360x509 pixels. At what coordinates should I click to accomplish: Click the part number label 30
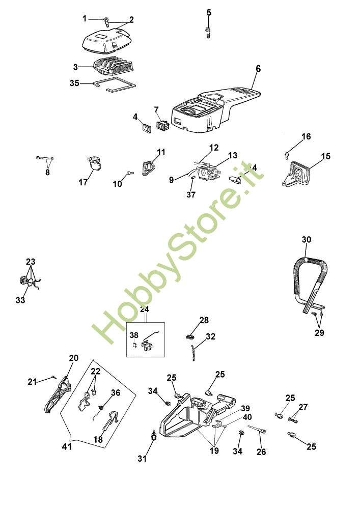[x=306, y=240]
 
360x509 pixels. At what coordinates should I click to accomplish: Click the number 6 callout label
[x=258, y=69]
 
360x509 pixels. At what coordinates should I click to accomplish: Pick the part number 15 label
[x=325, y=156]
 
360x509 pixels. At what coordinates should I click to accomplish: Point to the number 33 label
[x=20, y=300]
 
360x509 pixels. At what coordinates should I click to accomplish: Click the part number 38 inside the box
[x=133, y=335]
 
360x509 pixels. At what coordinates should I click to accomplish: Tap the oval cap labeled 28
[x=189, y=336]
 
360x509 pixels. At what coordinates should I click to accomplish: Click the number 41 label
[x=66, y=446]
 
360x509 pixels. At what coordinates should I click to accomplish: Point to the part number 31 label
[x=142, y=459]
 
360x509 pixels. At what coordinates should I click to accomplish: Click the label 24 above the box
[x=145, y=309]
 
